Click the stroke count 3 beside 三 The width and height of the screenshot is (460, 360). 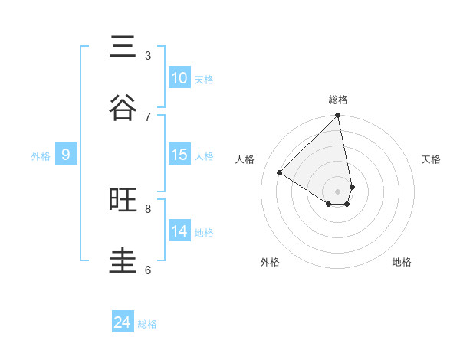[148, 56]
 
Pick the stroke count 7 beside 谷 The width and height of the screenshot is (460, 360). [148, 116]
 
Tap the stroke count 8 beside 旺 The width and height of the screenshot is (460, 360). [148, 208]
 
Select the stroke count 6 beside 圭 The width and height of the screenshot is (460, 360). [148, 270]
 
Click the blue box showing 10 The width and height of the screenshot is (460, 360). [179, 78]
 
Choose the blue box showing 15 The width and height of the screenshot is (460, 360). [179, 155]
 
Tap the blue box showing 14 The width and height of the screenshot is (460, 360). [179, 231]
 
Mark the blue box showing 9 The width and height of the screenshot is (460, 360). [66, 155]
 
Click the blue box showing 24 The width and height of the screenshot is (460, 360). [123, 322]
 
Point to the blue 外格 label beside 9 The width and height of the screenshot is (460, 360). [41, 156]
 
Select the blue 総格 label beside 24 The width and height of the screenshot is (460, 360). [147, 324]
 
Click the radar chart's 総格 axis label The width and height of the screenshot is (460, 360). [338, 100]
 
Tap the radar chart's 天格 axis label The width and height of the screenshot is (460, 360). [431, 159]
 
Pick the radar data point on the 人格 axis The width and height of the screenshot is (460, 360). [280, 173]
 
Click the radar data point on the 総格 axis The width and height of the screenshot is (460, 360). [338, 116]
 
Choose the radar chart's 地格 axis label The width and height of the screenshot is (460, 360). [402, 262]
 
